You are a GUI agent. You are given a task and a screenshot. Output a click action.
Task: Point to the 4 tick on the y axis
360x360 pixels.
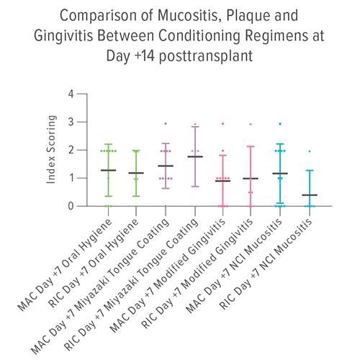point(71,94)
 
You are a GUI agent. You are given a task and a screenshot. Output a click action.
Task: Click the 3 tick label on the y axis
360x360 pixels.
point(71,122)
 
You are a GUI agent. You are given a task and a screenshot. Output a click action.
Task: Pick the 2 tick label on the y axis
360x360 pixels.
point(71,150)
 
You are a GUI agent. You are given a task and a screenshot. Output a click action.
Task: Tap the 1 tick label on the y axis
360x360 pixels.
point(71,178)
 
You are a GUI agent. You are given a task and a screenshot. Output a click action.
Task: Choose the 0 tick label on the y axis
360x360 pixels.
point(71,206)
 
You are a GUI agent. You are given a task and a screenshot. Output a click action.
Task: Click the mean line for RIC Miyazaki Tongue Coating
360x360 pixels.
point(194,156)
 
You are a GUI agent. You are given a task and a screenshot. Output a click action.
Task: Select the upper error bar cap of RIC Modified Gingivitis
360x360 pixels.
point(251,147)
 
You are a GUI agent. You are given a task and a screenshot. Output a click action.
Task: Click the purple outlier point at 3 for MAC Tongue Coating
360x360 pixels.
point(166,124)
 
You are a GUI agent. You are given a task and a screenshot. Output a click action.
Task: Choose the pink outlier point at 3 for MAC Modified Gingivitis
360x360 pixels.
point(222,124)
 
